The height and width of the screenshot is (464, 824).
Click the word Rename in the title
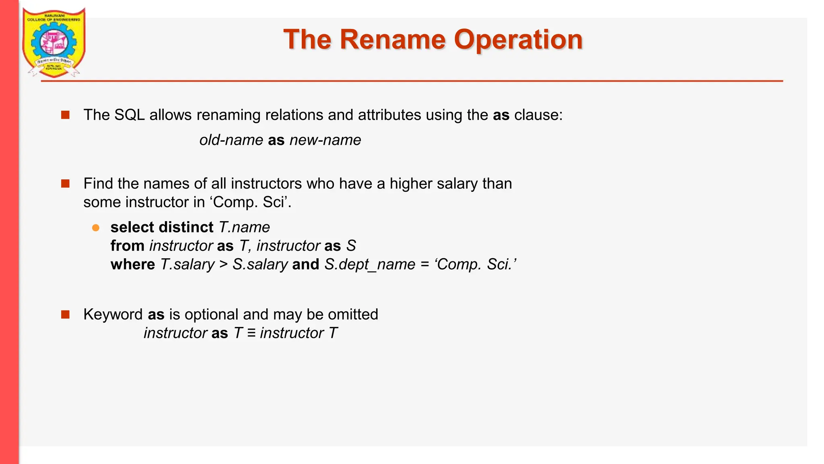[393, 40]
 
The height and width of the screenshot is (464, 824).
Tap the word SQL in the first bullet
[129, 115]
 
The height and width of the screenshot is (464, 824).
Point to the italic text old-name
[231, 140]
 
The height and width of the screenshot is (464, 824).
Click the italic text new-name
[325, 140]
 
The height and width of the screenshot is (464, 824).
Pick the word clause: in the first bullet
[538, 115]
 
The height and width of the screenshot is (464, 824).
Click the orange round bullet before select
[96, 228]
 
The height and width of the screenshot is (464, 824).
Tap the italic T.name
[244, 228]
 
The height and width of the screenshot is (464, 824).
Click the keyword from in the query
[127, 246]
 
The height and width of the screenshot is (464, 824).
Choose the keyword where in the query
[132, 265]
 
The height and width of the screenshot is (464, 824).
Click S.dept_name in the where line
[370, 265]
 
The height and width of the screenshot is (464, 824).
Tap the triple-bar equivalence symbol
[251, 333]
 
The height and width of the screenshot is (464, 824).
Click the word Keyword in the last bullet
[113, 315]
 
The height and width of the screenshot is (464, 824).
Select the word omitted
[353, 315]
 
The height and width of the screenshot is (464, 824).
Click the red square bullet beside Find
[65, 184]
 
